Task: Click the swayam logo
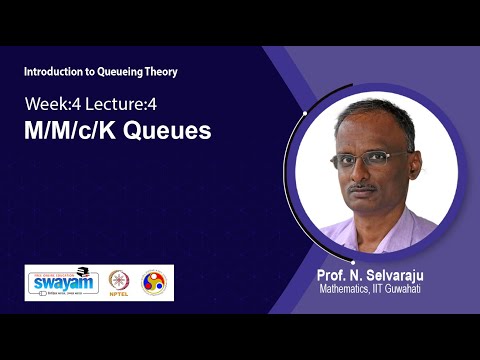click(62, 282)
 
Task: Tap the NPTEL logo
click(119, 282)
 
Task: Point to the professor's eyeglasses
click(373, 157)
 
